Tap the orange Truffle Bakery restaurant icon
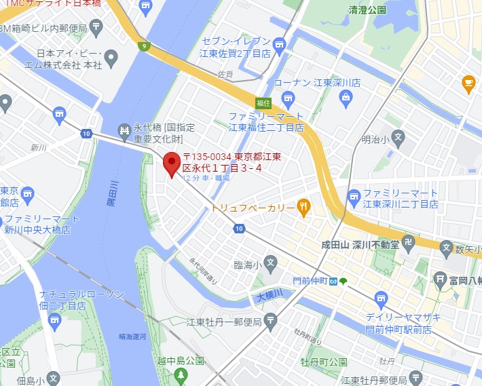(x=303, y=207)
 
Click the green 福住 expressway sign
(x=263, y=103)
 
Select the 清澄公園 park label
(x=367, y=10)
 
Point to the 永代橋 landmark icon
(x=124, y=130)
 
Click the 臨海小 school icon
(x=270, y=262)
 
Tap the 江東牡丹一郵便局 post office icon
(x=271, y=320)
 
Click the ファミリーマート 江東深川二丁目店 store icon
(x=354, y=198)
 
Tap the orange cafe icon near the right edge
(x=468, y=83)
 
